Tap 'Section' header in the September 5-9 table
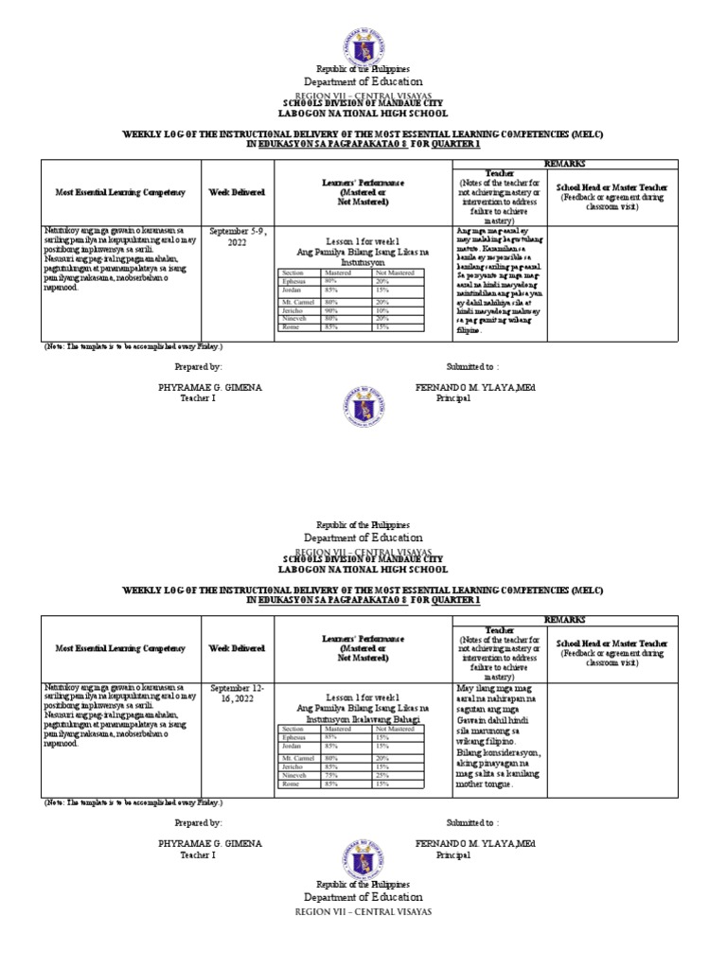tap(293, 273)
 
